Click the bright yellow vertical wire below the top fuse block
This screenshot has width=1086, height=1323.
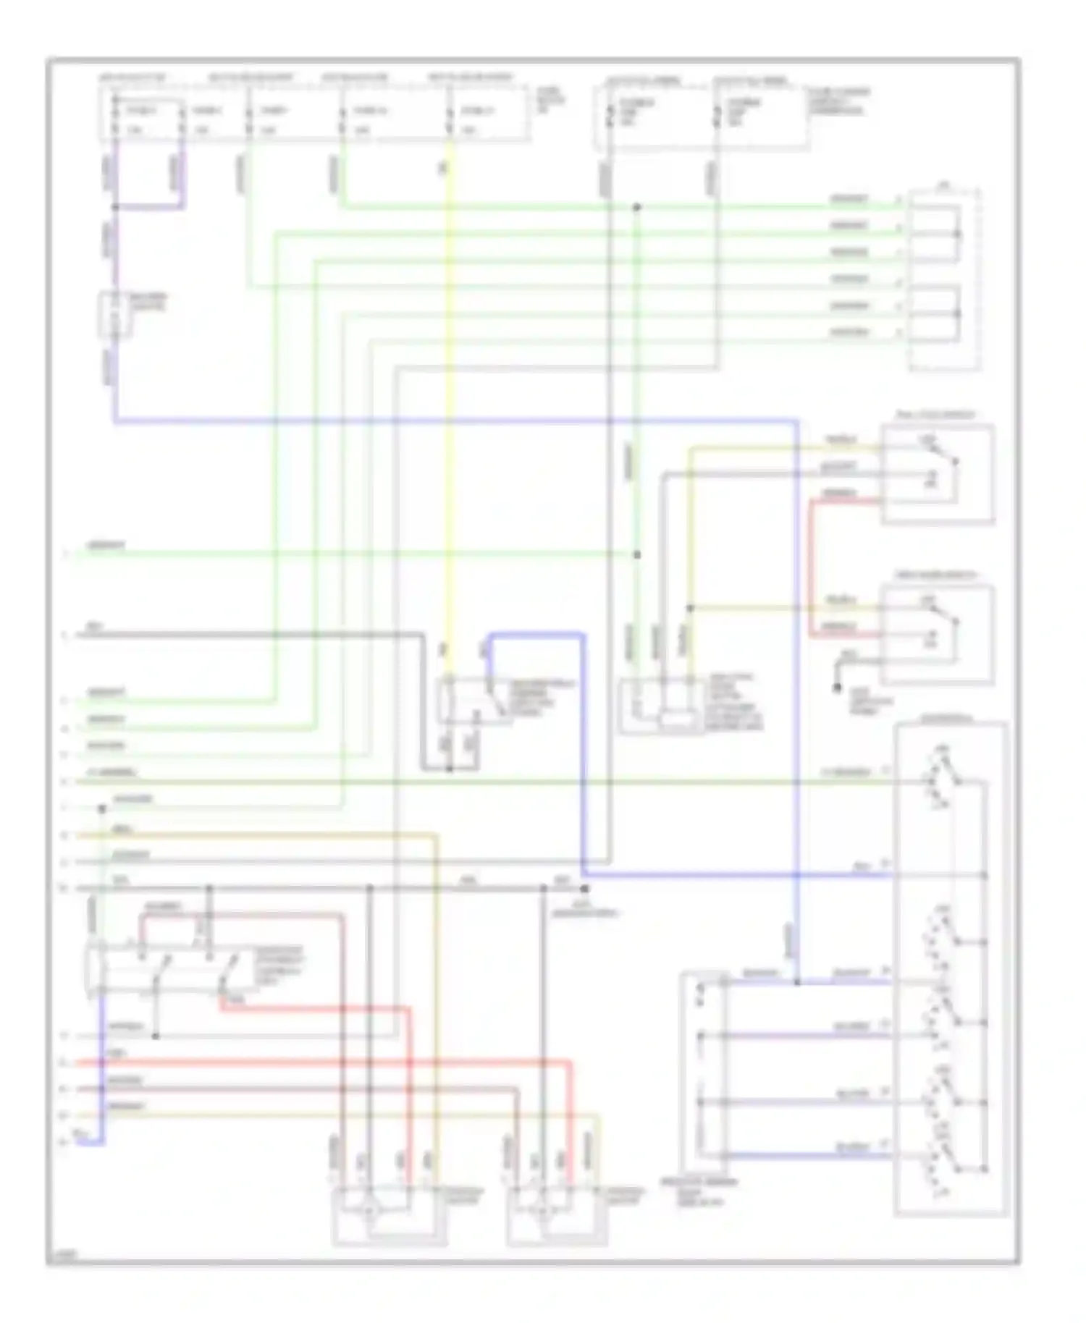point(449,405)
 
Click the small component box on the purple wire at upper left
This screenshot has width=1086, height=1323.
point(115,315)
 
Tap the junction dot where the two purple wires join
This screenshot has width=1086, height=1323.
point(115,208)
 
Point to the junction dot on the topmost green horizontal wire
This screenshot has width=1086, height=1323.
point(637,208)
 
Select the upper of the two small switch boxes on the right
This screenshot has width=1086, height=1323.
point(938,474)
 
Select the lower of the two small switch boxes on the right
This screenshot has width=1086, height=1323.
point(938,635)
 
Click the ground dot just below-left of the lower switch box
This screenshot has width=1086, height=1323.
point(838,686)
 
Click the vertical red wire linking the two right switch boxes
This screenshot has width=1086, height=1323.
point(811,565)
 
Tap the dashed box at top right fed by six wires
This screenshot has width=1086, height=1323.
point(945,280)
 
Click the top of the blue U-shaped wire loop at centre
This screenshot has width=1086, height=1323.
point(536,635)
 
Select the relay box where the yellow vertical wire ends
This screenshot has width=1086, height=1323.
point(474,700)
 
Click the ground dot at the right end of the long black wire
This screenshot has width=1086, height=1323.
point(585,888)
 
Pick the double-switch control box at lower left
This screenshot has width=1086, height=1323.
point(170,968)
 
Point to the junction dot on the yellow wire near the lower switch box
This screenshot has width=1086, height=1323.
point(690,609)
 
